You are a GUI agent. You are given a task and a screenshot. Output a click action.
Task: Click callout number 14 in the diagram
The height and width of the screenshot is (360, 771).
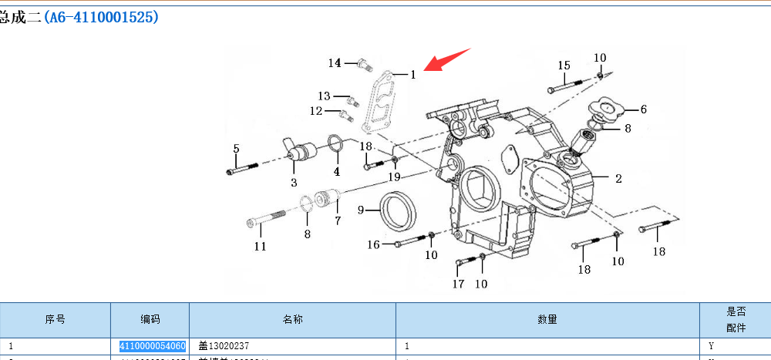(x=335, y=62)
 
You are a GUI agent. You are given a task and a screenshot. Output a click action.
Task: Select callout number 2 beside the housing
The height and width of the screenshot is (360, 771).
(x=618, y=179)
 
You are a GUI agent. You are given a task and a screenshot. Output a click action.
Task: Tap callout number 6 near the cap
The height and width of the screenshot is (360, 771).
(x=643, y=109)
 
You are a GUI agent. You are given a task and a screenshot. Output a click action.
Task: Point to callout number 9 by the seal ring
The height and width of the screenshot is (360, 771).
(x=360, y=210)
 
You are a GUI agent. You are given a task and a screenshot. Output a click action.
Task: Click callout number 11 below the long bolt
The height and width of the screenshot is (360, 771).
(x=261, y=246)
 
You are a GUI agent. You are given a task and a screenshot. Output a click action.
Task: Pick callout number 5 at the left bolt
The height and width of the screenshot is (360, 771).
(x=236, y=148)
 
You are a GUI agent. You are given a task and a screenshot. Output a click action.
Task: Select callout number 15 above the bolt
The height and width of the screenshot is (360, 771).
(x=564, y=66)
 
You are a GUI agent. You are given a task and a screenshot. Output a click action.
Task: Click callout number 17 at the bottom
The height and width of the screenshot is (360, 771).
(x=458, y=284)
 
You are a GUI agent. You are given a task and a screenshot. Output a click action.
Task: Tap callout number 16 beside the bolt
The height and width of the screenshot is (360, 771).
(x=373, y=244)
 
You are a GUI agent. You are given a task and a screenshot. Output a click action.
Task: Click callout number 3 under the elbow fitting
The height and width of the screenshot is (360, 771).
(x=294, y=183)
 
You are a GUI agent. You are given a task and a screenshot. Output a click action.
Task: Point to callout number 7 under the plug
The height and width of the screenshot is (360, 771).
(x=337, y=220)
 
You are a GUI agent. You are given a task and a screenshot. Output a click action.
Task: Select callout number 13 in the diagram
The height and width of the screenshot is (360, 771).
(x=324, y=96)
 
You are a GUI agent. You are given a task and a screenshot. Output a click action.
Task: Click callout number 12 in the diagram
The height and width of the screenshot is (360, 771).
(x=316, y=111)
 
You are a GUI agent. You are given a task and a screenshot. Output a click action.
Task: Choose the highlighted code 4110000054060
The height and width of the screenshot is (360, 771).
(x=152, y=346)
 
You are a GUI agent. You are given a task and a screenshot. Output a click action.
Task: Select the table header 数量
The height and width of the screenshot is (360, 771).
(x=547, y=319)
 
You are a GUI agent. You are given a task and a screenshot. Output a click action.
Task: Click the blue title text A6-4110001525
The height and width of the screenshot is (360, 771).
(x=101, y=17)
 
